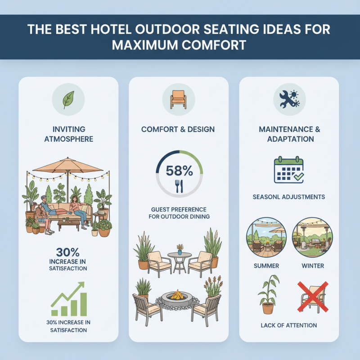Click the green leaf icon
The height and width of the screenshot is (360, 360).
coord(68,99)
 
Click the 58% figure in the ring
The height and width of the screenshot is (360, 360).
coord(179,171)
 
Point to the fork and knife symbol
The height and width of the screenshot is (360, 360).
coord(179,186)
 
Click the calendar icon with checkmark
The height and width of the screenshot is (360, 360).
coord(288,170)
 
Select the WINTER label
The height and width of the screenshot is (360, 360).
coord(313,265)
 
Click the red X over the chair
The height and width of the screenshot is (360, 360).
coord(313,297)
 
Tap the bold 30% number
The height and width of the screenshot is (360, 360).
coord(68,252)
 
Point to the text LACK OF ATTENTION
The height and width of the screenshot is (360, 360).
coord(288,325)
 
